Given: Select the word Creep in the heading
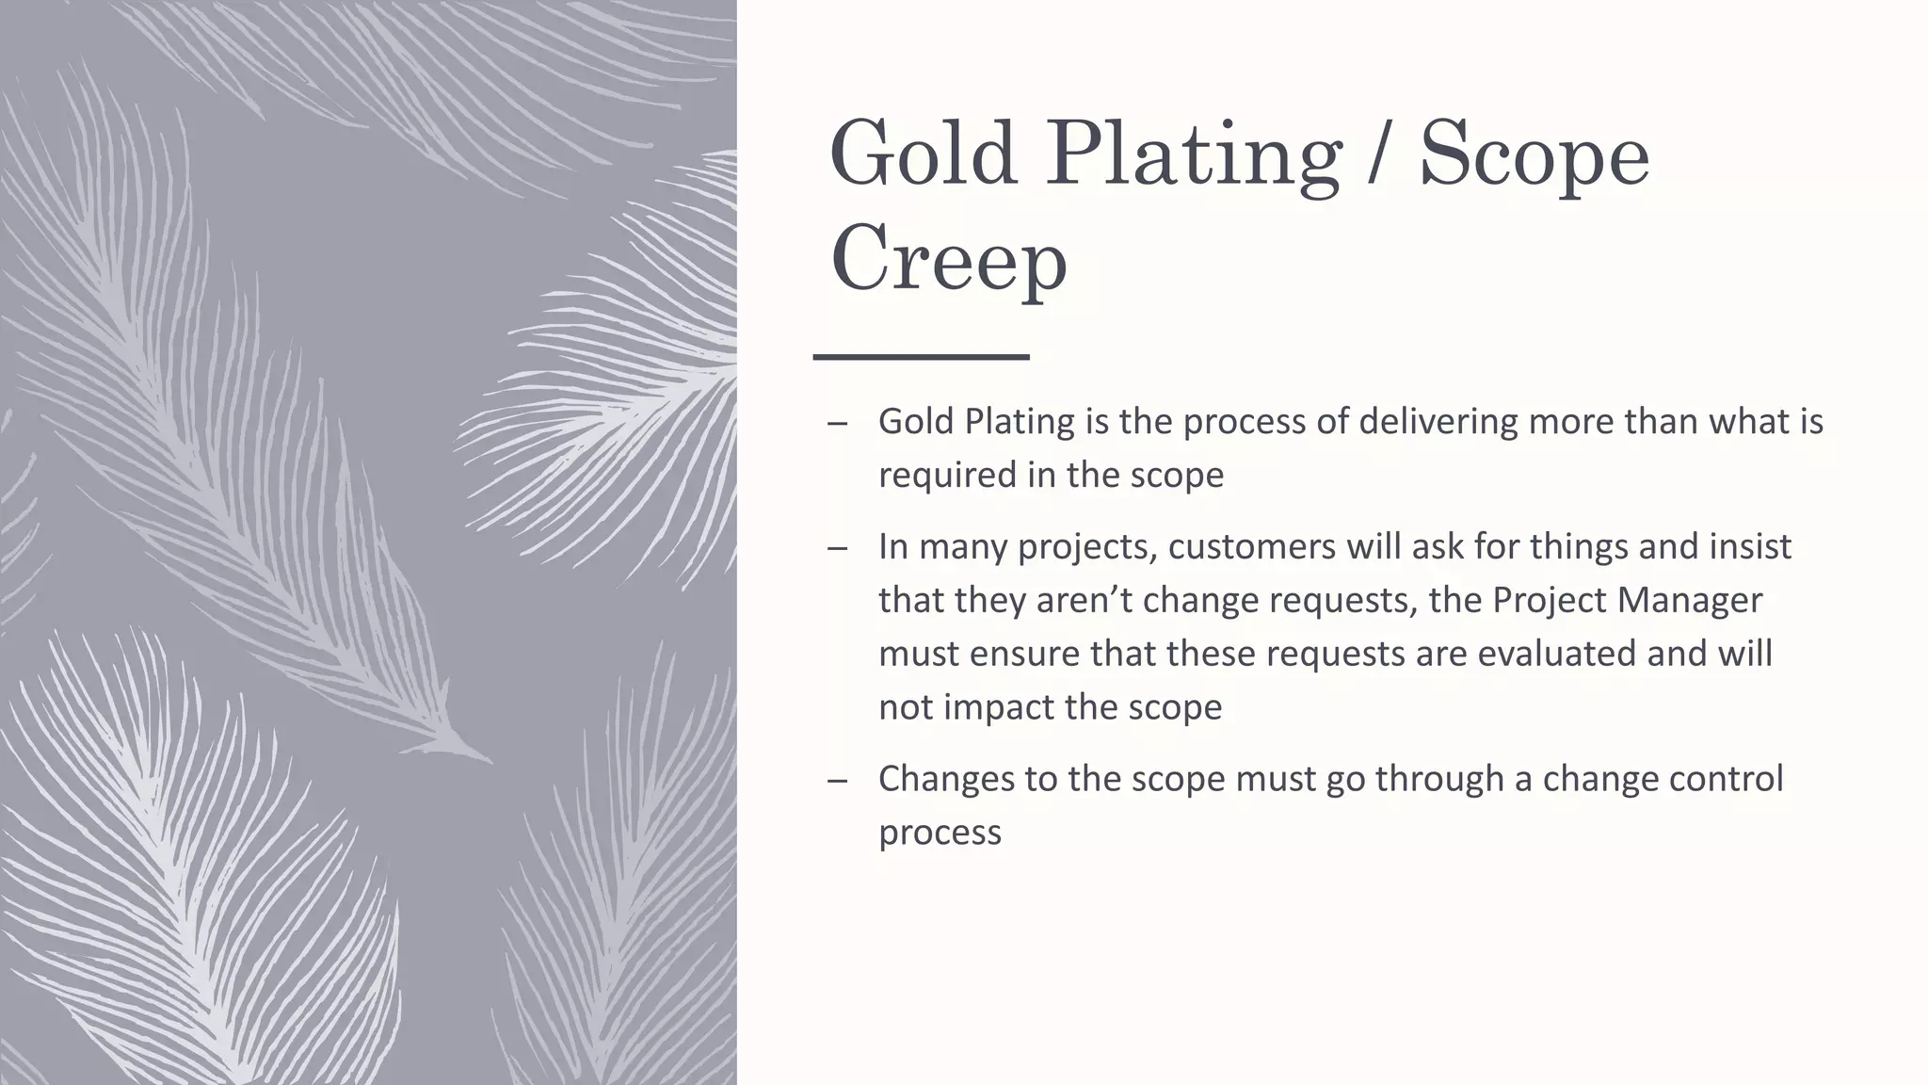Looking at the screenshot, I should point(948,259).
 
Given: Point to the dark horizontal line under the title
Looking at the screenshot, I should point(921,357).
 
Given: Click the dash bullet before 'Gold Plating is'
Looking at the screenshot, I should point(838,424).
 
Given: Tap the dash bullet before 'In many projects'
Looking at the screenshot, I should point(838,549).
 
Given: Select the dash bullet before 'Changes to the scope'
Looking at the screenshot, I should point(838,781).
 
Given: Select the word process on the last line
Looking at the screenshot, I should point(940,834).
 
